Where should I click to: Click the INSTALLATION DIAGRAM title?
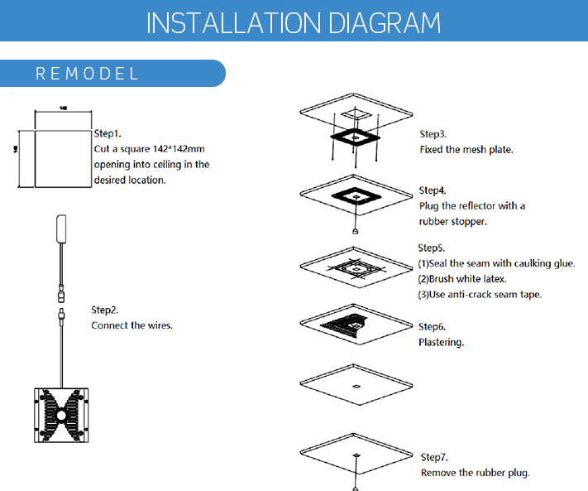[294, 22]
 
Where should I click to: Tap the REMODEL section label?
[87, 74]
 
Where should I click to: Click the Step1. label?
[108, 132]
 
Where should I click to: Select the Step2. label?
[105, 310]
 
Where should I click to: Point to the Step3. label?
[433, 134]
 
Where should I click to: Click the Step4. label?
[433, 190]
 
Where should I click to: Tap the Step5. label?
[432, 248]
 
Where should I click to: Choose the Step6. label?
[433, 327]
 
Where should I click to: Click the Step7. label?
[434, 457]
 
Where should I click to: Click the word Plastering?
[441, 342]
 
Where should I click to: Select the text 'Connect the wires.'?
[131, 325]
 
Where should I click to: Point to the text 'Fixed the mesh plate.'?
[466, 150]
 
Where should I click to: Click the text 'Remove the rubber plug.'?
[475, 473]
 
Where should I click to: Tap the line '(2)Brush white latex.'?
[462, 279]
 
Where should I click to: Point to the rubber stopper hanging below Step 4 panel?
[356, 232]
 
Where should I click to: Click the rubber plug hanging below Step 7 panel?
[356, 487]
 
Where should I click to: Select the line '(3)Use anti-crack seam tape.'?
[480, 295]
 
